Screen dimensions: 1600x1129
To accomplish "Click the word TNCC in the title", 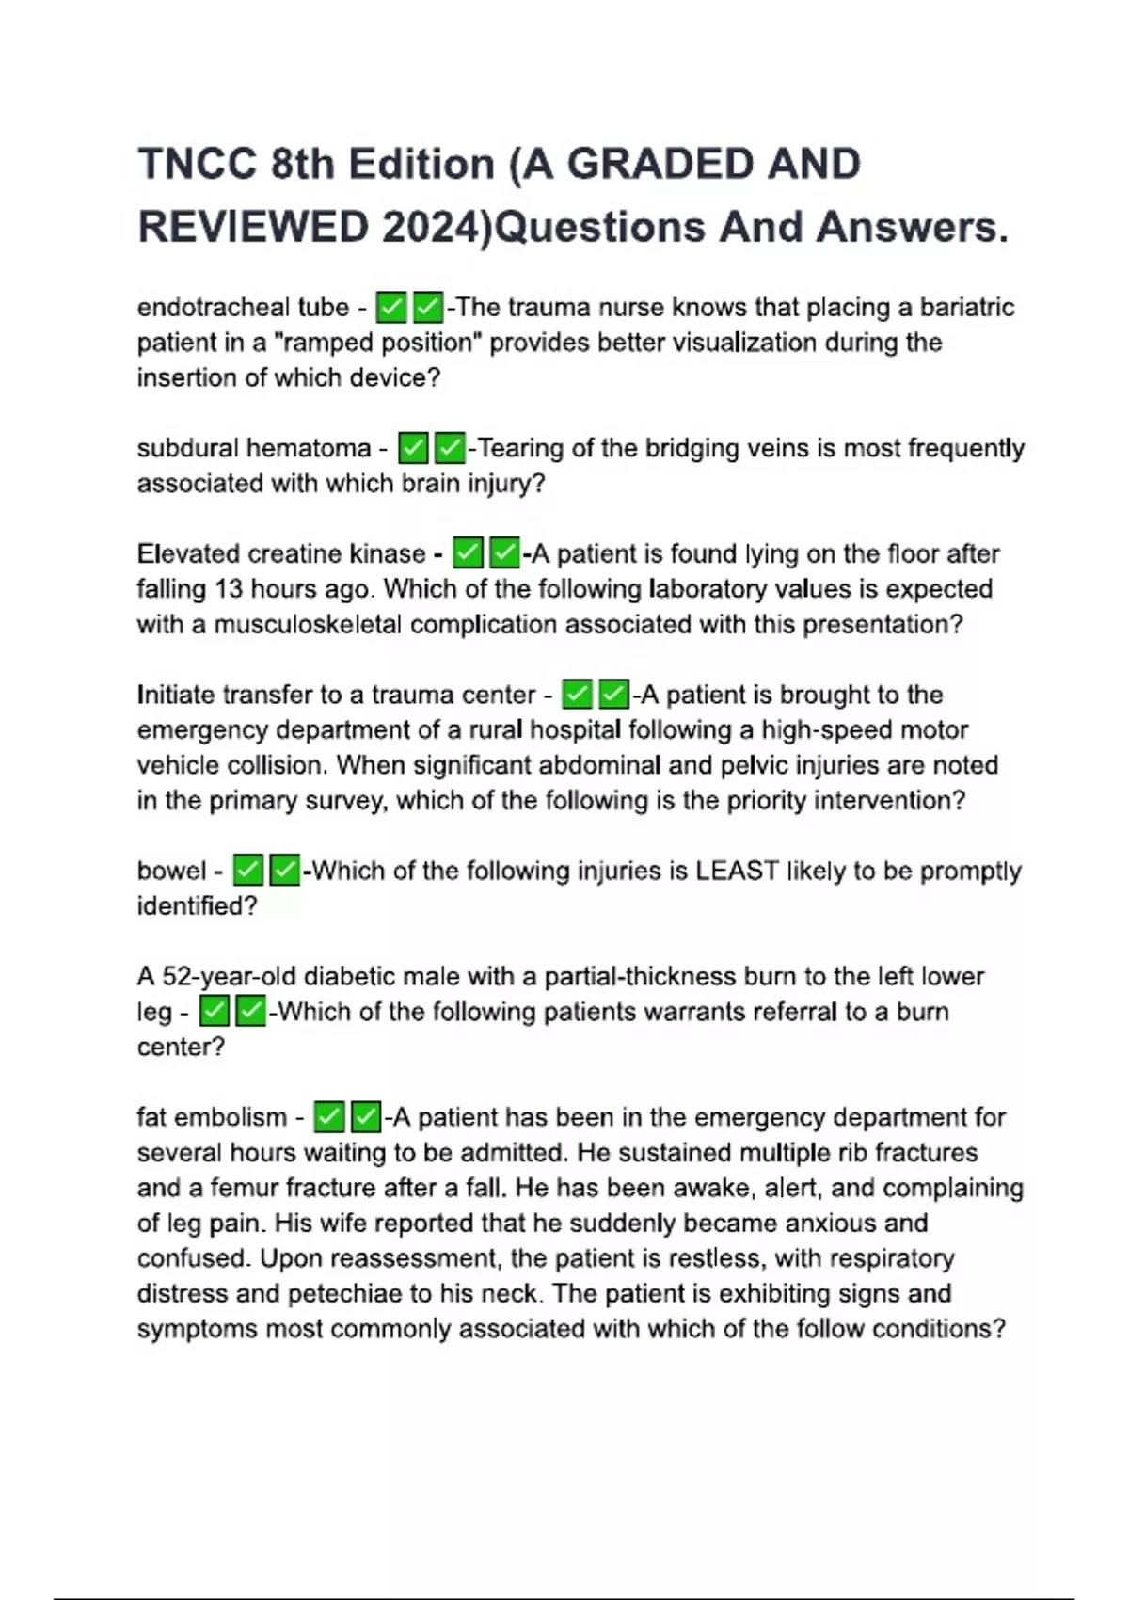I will click(197, 165).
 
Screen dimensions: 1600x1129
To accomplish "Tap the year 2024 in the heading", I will click(431, 228).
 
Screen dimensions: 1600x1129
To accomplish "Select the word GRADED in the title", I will click(662, 165).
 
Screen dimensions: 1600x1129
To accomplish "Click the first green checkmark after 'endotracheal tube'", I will click(391, 308).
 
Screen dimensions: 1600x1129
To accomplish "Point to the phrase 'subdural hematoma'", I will click(254, 448).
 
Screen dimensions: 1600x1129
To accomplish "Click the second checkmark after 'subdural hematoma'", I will click(450, 448).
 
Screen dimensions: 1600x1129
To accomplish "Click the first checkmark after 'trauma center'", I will click(577, 695).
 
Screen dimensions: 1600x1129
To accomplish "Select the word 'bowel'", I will click(171, 871).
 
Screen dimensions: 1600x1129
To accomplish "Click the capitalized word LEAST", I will click(737, 871).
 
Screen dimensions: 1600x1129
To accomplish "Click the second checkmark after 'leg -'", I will click(250, 1012).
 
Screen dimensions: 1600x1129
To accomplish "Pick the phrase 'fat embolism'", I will click(212, 1117).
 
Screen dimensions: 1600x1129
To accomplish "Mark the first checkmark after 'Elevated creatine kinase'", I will click(468, 553).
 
